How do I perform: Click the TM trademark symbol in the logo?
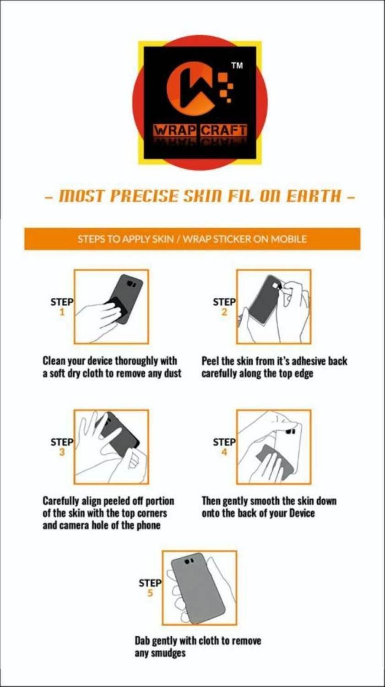tap(237, 65)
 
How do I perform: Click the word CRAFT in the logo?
tap(223, 131)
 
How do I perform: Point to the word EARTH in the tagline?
tap(313, 196)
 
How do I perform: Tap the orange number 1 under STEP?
tap(62, 312)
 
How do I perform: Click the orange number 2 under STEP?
tap(225, 312)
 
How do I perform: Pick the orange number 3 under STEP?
tap(62, 453)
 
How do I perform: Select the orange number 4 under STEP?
tap(225, 453)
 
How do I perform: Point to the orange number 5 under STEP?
tap(150, 593)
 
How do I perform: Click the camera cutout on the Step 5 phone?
tap(189, 561)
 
